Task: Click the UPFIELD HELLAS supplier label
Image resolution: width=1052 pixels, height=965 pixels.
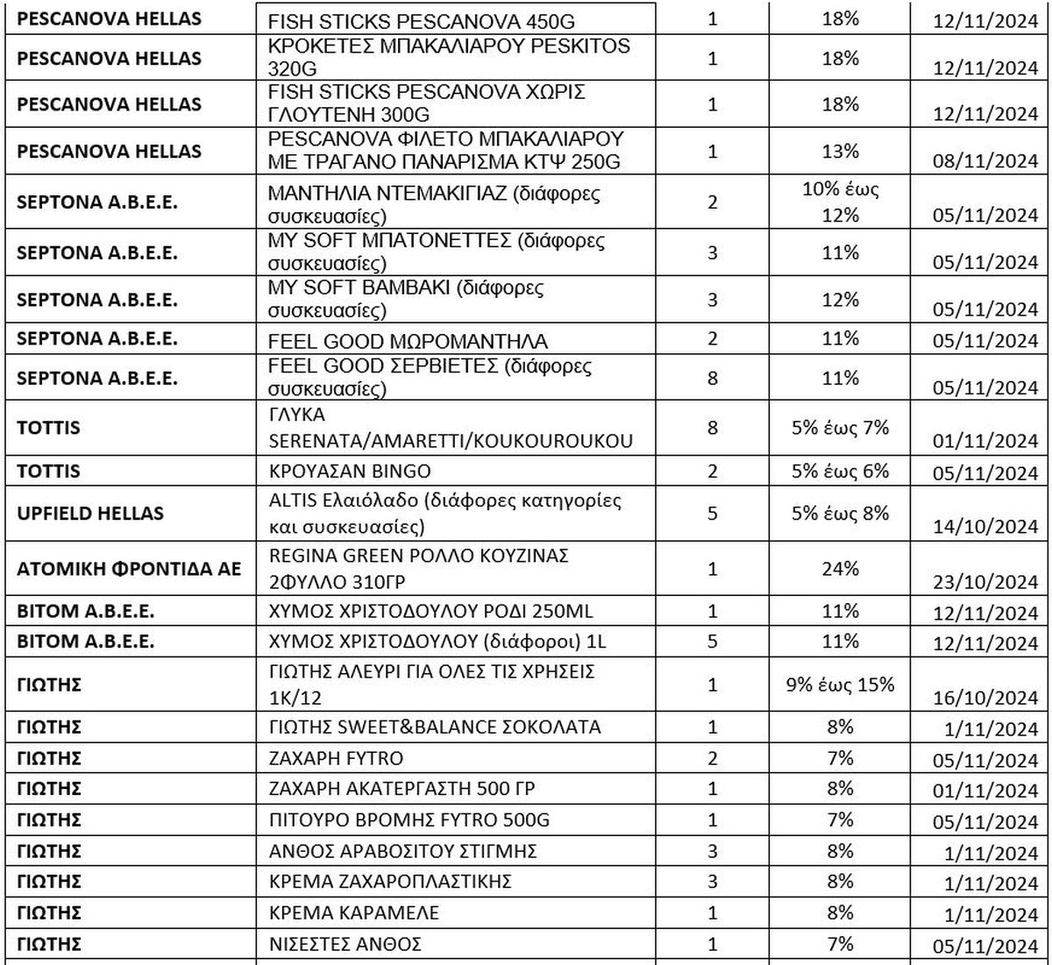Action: point(90,513)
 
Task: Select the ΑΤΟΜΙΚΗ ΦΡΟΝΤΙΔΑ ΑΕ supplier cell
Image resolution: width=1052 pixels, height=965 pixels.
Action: point(129,569)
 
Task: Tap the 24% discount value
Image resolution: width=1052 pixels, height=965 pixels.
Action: point(841,568)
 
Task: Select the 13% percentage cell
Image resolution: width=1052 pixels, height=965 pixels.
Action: point(841,151)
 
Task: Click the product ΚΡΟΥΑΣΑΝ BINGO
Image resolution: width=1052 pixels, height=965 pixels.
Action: point(351,472)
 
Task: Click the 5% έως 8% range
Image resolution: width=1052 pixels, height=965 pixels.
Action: point(841,513)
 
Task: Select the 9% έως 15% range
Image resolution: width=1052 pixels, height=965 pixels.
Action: point(841,685)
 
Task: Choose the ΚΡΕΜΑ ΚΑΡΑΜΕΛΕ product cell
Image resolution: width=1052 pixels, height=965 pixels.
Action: point(355,913)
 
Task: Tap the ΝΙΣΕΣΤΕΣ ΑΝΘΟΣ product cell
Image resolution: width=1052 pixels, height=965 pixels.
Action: point(346,944)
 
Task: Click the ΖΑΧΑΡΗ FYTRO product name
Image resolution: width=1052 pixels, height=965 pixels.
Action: point(337,757)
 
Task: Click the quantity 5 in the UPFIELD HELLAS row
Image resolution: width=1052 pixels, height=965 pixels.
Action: point(712,513)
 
